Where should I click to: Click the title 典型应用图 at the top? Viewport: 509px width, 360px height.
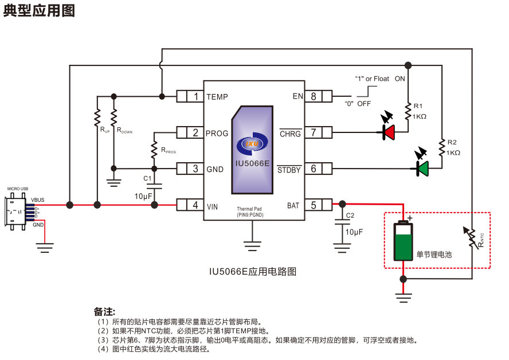39,11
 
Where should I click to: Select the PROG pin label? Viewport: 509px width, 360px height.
217,133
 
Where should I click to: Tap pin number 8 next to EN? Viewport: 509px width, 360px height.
314,96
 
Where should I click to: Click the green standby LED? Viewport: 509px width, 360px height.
423,169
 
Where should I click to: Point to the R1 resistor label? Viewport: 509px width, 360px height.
418,106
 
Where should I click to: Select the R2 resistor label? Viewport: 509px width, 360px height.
452,142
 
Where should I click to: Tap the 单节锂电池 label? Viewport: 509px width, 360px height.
434,254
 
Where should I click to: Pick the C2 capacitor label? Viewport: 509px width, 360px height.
350,216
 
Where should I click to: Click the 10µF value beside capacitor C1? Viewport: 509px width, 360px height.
143,196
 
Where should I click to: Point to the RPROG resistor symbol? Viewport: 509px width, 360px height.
154,150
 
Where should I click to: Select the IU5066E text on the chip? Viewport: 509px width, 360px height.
252,163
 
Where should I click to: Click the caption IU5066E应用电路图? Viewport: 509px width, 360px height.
252,271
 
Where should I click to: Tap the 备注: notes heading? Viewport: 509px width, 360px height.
104,312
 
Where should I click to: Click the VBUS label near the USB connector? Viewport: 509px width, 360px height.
37,200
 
